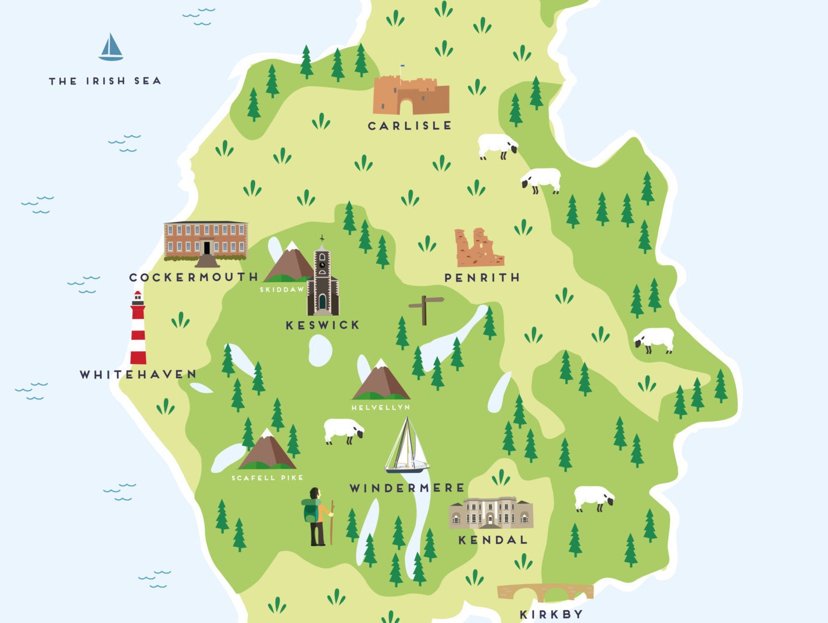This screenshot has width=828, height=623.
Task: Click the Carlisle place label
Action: click(x=409, y=126)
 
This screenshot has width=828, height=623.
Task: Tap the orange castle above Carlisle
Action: click(x=411, y=95)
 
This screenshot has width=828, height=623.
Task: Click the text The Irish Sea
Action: click(x=105, y=81)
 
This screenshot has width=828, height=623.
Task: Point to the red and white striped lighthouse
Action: click(x=138, y=329)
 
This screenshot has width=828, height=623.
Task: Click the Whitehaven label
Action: click(x=138, y=375)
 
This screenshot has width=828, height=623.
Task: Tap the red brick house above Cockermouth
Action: click(x=206, y=241)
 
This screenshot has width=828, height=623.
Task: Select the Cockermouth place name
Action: click(x=194, y=277)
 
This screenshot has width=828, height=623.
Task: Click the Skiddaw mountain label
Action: click(x=282, y=290)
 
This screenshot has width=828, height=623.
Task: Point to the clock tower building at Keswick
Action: click(x=323, y=279)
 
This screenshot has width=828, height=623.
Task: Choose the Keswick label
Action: click(x=323, y=325)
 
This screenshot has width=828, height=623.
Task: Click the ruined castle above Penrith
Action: click(x=479, y=248)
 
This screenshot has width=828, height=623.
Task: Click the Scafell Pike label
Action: click(x=267, y=478)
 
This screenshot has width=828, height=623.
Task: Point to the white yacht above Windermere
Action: click(x=406, y=447)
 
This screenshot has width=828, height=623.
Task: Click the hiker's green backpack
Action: click(x=310, y=512)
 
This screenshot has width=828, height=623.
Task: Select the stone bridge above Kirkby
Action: click(x=545, y=592)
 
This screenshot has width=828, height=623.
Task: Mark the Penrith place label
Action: click(x=482, y=278)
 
